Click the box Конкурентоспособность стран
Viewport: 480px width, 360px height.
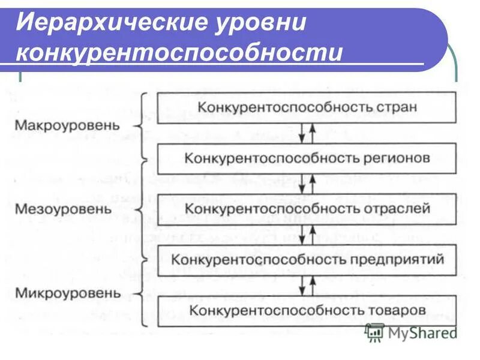pyautogui.click(x=307, y=108)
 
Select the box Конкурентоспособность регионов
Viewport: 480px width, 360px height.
pyautogui.click(x=307, y=158)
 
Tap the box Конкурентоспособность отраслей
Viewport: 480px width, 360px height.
pyautogui.click(x=307, y=209)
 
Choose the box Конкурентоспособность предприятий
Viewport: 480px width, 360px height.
pyautogui.click(x=307, y=259)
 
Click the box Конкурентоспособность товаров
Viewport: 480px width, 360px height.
pyautogui.click(x=307, y=310)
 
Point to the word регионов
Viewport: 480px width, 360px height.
pyautogui.click(x=397, y=158)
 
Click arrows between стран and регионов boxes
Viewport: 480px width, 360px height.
pyautogui.click(x=307, y=133)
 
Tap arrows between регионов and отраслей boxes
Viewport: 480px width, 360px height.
pyautogui.click(x=307, y=184)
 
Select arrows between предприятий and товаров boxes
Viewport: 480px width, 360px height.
pyautogui.click(x=307, y=284)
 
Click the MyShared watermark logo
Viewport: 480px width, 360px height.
pyautogui.click(x=412, y=332)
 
